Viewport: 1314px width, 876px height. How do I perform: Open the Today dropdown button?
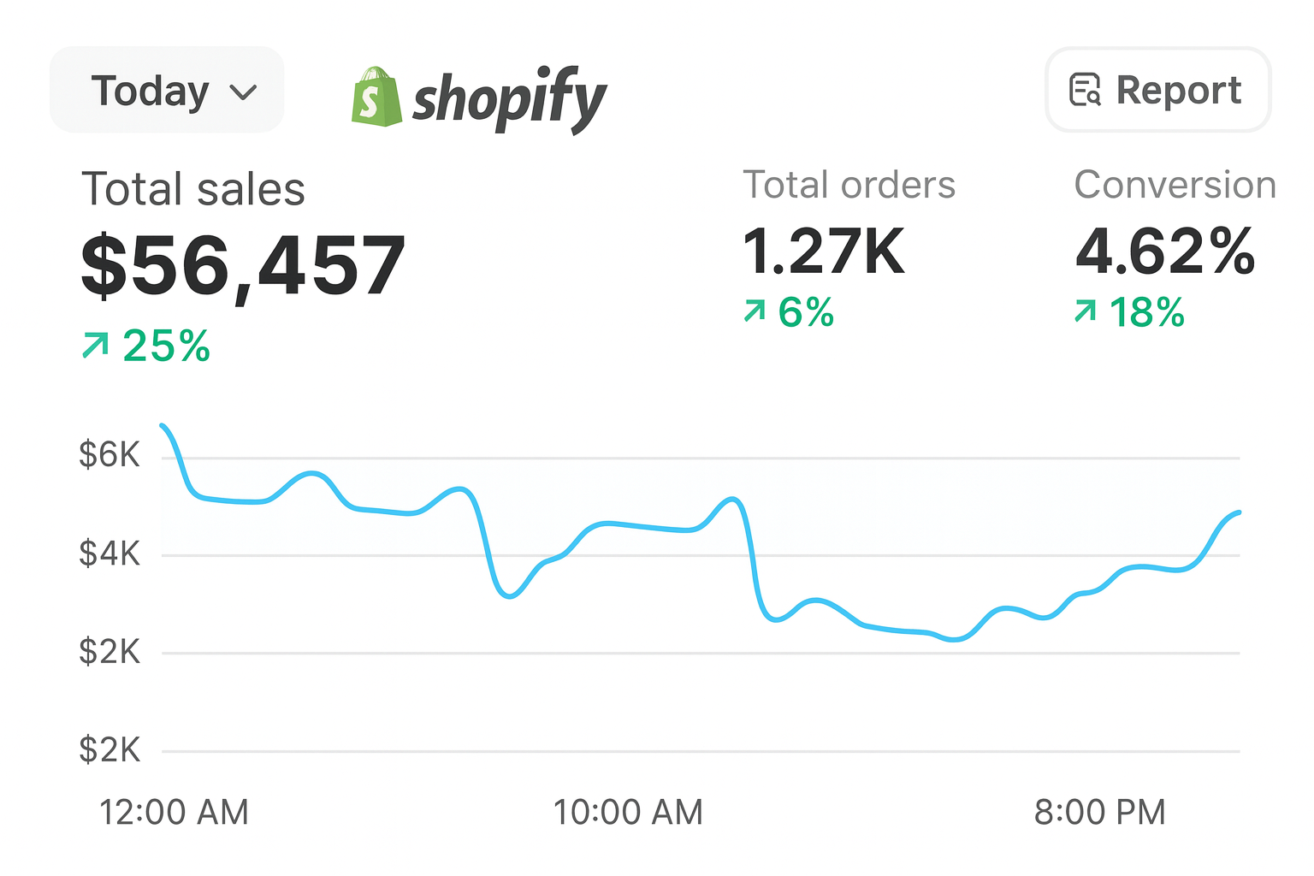point(166,91)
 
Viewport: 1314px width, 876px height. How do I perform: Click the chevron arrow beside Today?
point(244,92)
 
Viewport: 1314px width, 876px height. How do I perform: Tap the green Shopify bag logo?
point(376,98)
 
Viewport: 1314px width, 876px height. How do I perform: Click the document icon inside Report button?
point(1085,90)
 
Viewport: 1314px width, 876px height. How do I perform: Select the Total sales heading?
point(192,189)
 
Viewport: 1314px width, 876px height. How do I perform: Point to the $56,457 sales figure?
point(243,266)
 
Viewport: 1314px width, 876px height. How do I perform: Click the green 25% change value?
point(165,346)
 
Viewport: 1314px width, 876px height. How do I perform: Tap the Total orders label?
point(849,185)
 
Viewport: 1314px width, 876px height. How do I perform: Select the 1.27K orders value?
point(823,252)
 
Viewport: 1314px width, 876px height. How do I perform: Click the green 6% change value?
point(805,312)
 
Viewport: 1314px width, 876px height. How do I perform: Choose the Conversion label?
point(1175,185)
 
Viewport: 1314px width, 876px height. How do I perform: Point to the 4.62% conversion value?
point(1164,252)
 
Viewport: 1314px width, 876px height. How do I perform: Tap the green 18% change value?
point(1146,312)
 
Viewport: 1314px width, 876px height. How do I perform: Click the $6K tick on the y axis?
point(109,454)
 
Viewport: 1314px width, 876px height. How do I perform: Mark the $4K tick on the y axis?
point(109,553)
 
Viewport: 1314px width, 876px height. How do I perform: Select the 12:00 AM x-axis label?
point(174,812)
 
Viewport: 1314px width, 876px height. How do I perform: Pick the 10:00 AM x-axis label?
point(628,812)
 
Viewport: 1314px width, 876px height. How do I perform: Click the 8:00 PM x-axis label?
point(1099,812)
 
